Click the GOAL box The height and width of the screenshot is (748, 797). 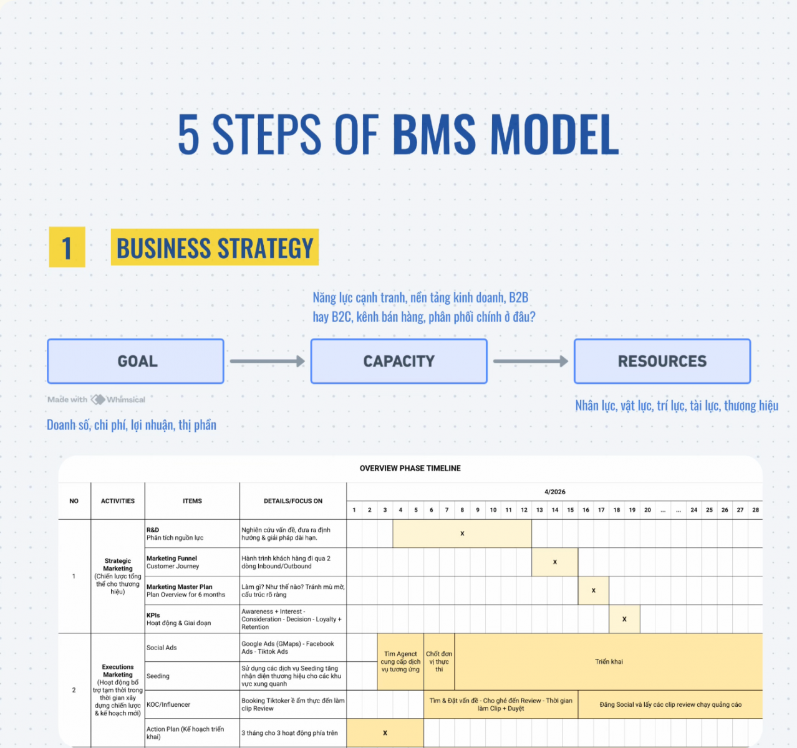coord(135,362)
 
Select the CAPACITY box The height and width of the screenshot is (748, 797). coord(399,362)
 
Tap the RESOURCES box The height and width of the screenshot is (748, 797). coord(662,362)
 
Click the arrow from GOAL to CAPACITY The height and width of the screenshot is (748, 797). coord(267,361)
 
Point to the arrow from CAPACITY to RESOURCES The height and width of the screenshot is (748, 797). coord(531,361)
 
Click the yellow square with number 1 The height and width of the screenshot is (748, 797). coord(67,247)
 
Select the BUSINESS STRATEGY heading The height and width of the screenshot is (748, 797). coord(215,248)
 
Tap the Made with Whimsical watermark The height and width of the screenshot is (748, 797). coord(96,400)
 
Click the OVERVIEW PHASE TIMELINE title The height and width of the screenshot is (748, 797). coord(410,468)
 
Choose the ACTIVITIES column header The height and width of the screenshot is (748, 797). coord(118,501)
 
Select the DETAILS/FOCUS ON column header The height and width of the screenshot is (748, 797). coord(293,501)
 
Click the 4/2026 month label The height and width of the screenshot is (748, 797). coord(554,492)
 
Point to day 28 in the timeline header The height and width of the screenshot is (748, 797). coord(755,510)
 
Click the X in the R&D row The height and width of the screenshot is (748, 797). coord(462,534)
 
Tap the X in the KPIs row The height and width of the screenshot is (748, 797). coord(624,619)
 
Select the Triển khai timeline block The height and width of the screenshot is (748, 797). coord(609,661)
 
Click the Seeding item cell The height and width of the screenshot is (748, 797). coord(192,676)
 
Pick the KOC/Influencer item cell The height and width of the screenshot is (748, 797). coord(192,704)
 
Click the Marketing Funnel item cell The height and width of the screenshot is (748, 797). coord(192,562)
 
